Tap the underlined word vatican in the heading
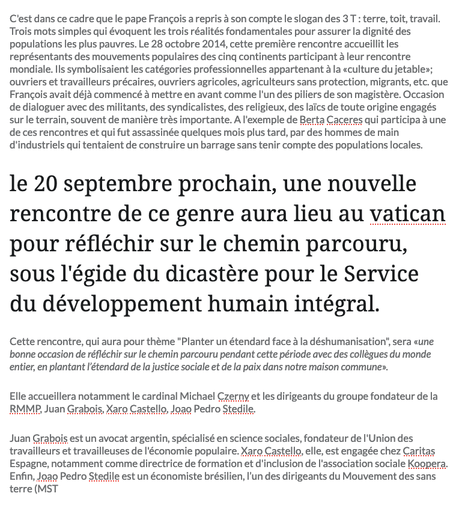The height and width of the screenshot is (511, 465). coord(407,214)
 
